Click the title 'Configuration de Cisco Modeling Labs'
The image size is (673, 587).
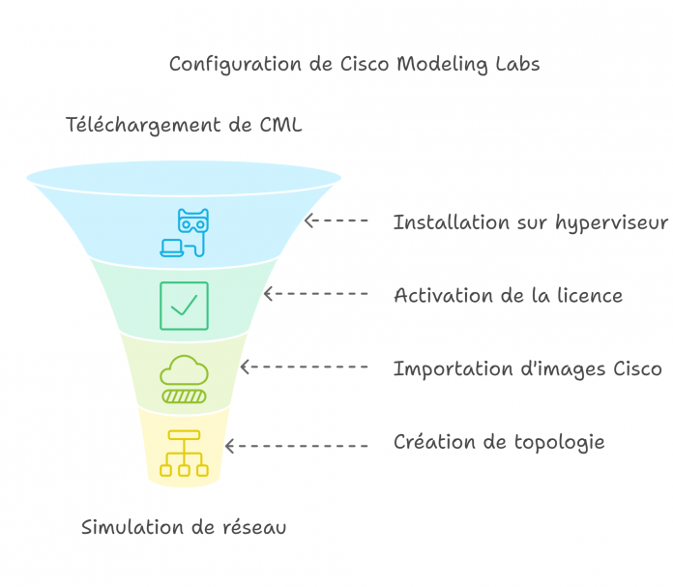pos(354,64)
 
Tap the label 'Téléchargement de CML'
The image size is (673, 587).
pos(184,125)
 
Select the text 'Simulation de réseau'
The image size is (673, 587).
pos(184,528)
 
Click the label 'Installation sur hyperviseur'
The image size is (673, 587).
pos(530,222)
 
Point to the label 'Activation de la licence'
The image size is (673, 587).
pos(508,295)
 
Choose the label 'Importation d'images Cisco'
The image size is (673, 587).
pos(527,368)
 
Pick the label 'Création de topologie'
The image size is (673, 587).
pos(499,442)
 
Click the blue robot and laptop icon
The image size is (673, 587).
pos(184,232)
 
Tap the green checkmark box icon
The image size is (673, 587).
pos(184,306)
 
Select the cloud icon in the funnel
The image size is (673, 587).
pos(184,378)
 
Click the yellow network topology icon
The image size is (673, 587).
pos(184,452)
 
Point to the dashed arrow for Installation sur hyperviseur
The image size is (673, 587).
pos(336,220)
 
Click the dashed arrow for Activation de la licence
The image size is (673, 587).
pos(315,293)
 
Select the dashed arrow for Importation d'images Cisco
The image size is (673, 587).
pos(304,367)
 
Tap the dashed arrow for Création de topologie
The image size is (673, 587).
pos(296,446)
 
